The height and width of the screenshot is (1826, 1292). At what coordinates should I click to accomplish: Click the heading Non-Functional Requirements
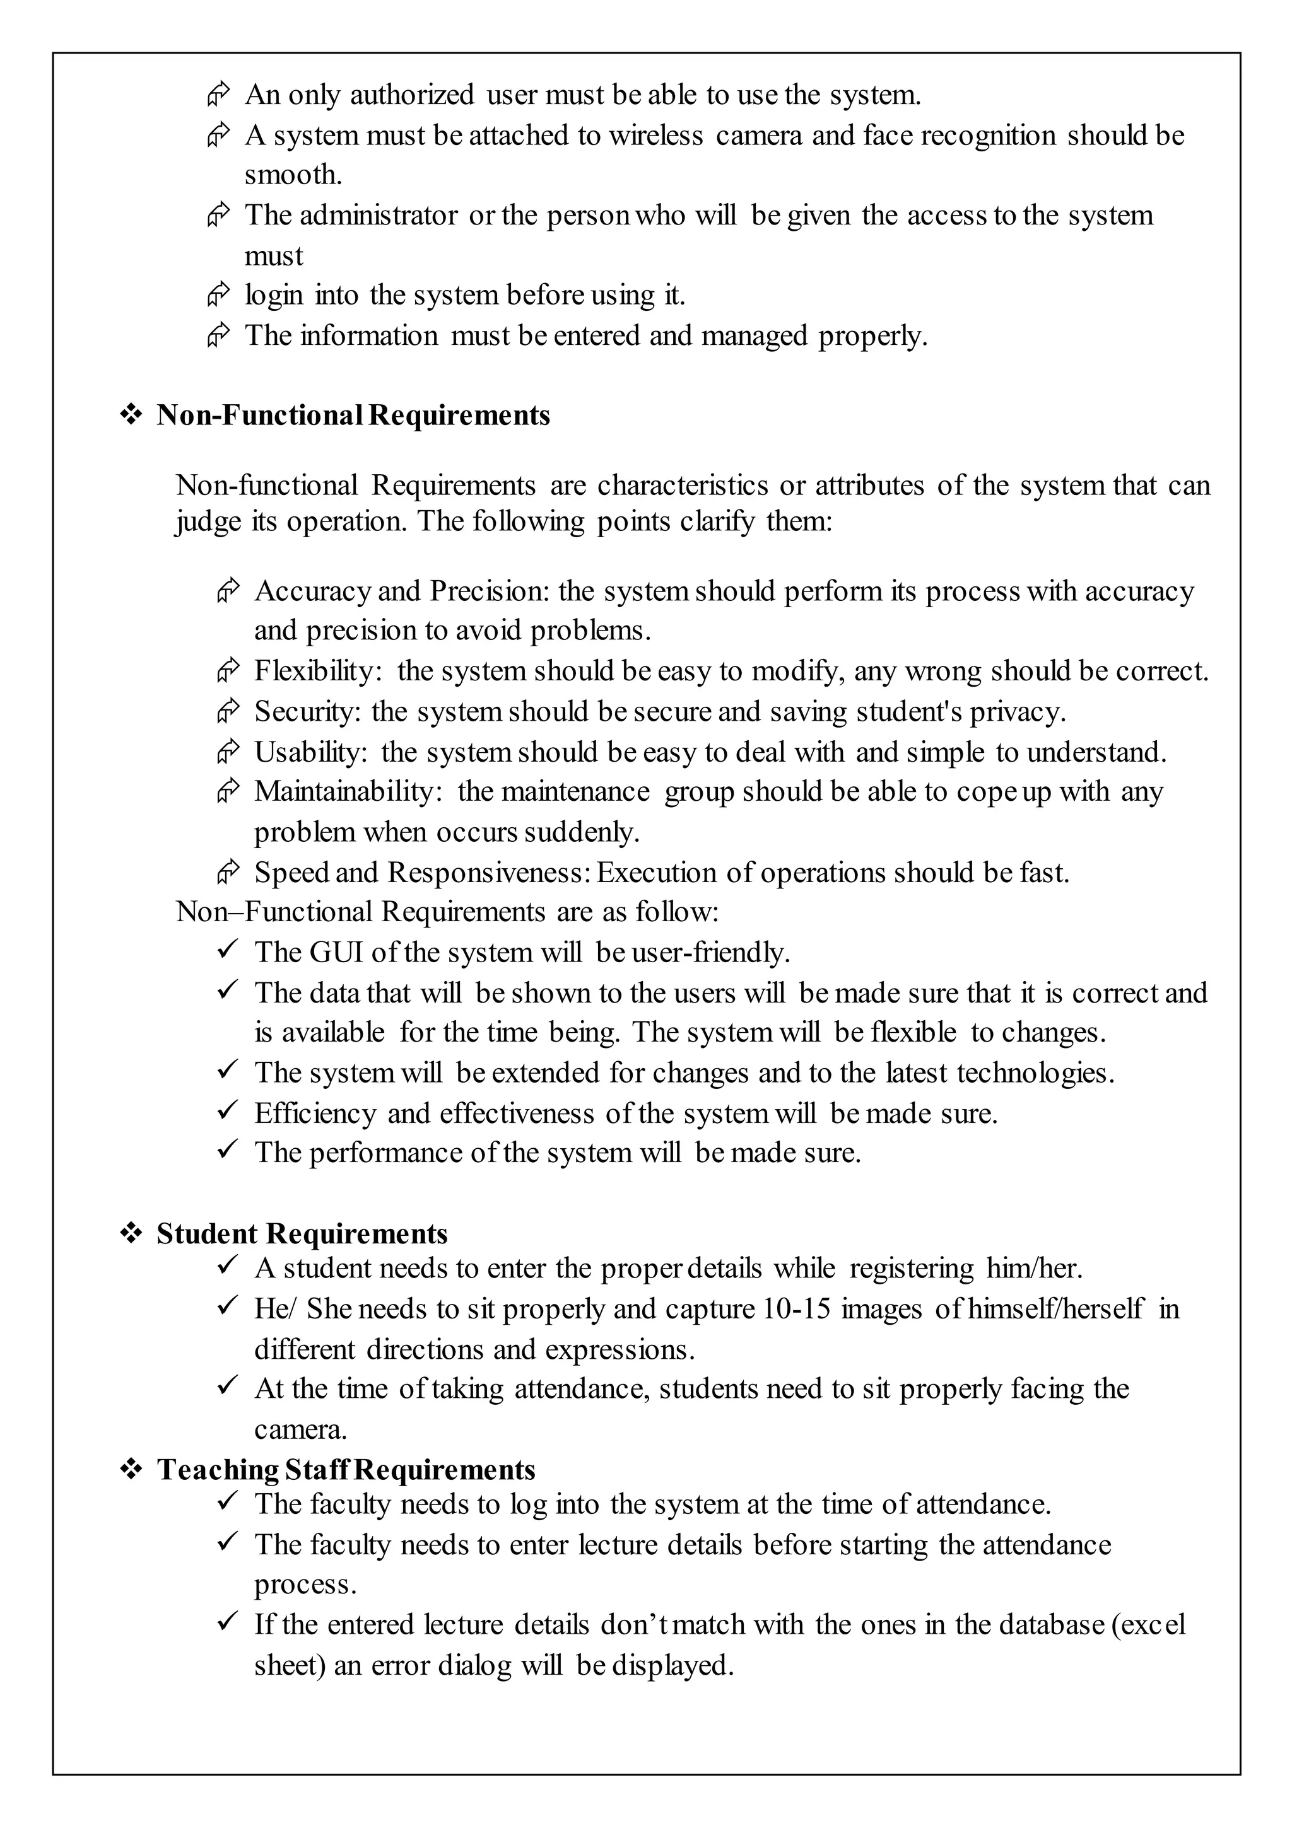353,415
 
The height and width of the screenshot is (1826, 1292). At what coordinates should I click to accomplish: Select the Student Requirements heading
302,1233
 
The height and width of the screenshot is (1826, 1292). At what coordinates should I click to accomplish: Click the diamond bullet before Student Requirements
131,1233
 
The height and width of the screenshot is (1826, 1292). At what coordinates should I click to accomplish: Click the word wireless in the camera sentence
656,136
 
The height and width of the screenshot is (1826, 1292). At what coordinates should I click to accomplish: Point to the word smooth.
293,175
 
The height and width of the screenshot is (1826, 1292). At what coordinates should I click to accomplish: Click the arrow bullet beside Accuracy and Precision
228,591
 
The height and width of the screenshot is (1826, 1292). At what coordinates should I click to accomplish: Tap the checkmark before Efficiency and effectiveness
228,1110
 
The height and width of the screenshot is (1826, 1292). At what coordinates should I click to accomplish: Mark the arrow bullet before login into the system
219,295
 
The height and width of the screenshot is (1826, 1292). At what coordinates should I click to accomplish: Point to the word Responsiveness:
490,873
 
